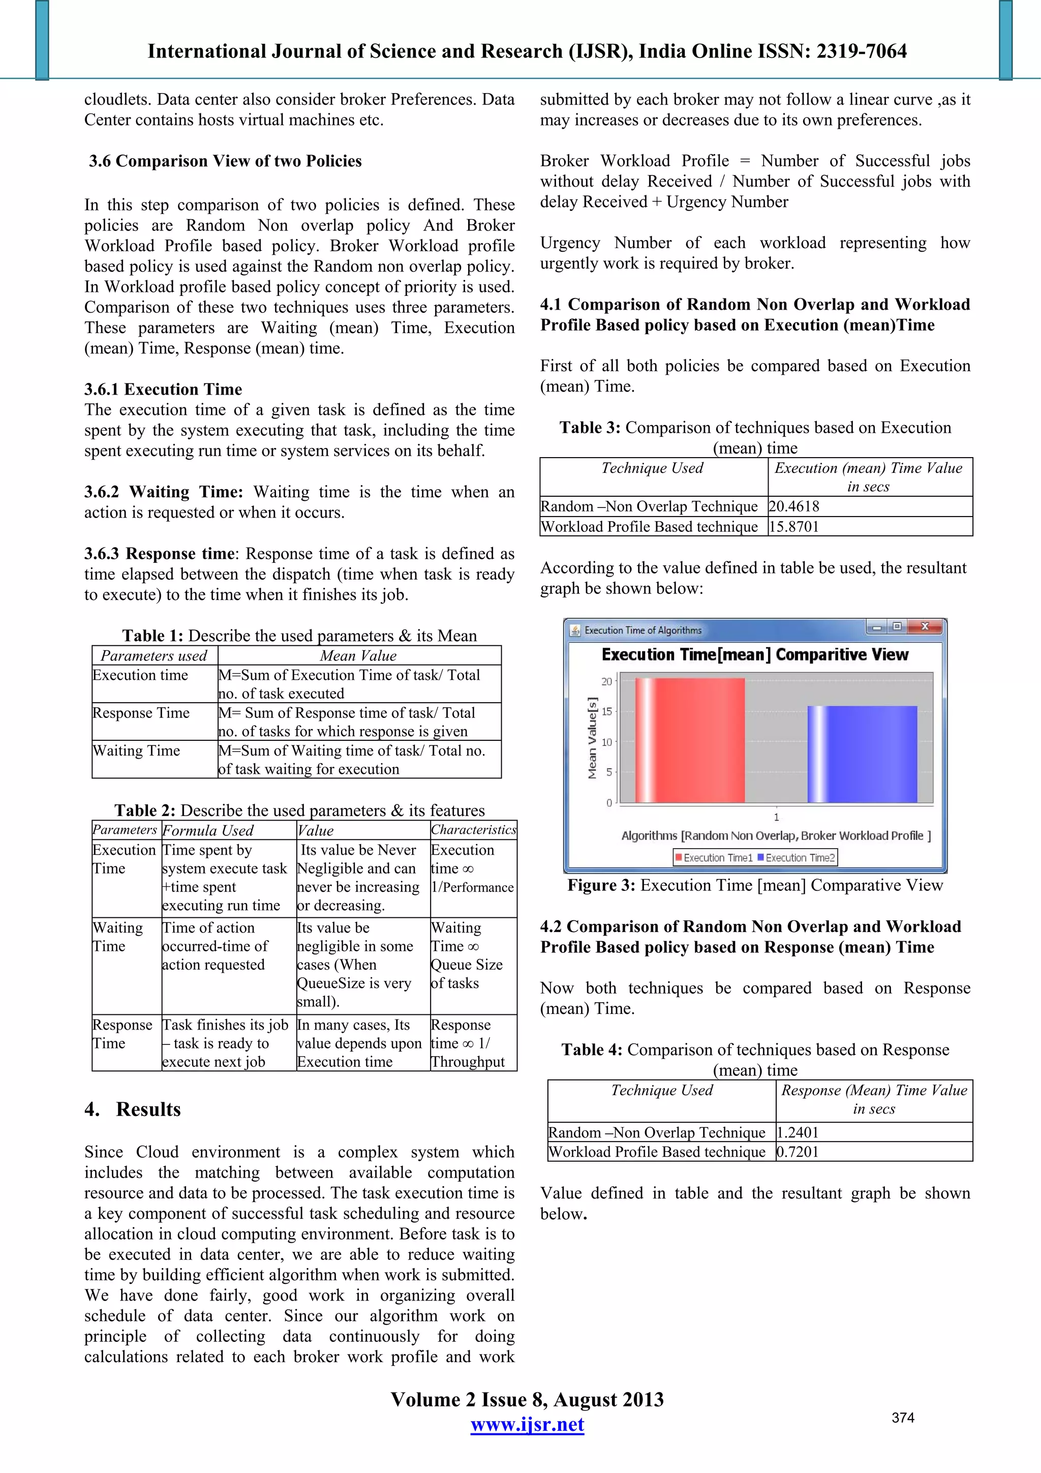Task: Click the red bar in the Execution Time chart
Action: coord(690,740)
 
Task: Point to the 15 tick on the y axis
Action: coord(606,711)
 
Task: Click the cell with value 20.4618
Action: coord(794,506)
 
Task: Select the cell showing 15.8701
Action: coord(794,527)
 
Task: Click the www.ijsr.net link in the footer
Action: coord(527,1424)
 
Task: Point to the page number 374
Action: coord(902,1418)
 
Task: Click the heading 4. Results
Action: coord(133,1109)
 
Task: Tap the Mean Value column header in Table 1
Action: coord(358,656)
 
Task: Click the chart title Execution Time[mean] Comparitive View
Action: coord(754,654)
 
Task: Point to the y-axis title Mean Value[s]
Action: coord(592,738)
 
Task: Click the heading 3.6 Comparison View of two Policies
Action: coord(225,161)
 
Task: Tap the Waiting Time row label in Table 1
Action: coord(137,750)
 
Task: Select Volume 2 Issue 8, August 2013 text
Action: coord(527,1399)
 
